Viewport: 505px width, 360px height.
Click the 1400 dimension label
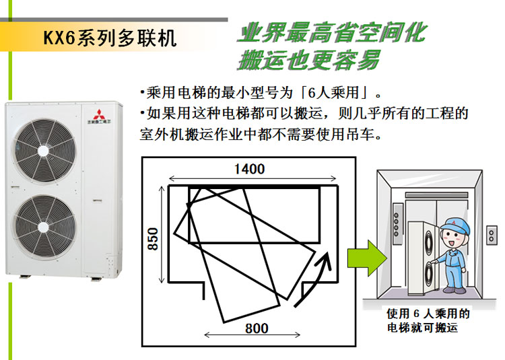[249, 169]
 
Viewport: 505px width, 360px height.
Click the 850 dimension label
[153, 239]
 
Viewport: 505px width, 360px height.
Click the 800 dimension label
[257, 328]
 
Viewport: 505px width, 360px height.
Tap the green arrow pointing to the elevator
[367, 258]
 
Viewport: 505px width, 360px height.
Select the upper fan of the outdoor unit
[44, 151]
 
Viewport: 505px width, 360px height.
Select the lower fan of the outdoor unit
[44, 227]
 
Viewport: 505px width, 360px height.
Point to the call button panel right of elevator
[491, 235]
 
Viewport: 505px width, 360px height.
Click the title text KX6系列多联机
[110, 38]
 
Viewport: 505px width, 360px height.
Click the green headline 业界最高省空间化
[333, 33]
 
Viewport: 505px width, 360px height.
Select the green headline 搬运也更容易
[309, 60]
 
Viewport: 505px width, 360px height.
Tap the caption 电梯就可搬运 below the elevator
[422, 328]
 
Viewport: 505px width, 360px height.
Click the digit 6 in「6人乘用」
[312, 94]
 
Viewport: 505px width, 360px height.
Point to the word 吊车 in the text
[362, 134]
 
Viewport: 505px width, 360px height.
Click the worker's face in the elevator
[452, 238]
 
